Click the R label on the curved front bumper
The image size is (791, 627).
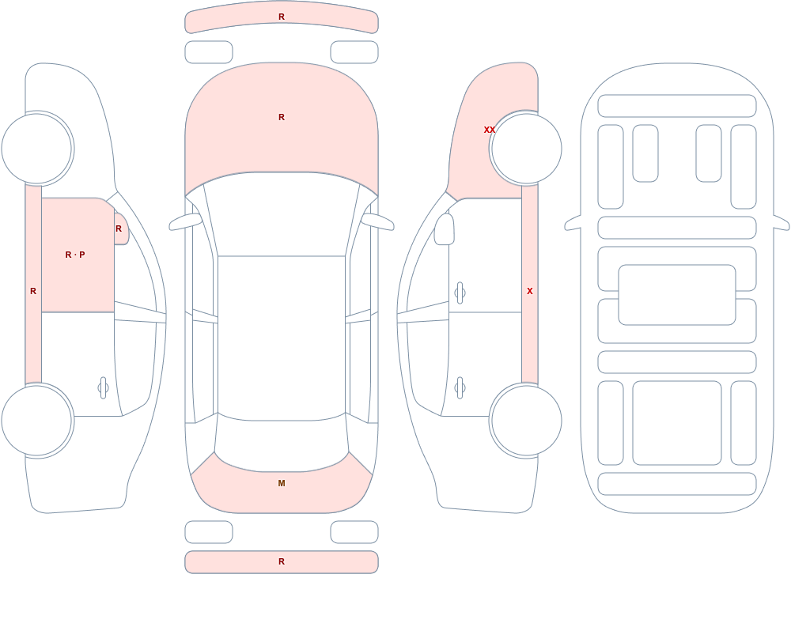[282, 17]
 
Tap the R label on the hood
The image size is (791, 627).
[282, 117]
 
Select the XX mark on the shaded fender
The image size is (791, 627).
[490, 130]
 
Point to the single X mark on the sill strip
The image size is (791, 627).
[530, 291]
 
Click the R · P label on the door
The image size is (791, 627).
[75, 255]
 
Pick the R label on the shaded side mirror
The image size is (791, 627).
[119, 229]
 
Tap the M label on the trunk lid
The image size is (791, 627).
[282, 483]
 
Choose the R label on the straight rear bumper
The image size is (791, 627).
[282, 561]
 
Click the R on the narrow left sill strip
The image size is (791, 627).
[33, 291]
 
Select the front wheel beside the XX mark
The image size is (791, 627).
[526, 149]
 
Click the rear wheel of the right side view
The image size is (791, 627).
[526, 420]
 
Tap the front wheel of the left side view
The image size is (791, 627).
[37, 149]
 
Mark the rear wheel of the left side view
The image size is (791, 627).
[37, 420]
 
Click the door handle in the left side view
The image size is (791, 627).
[103, 388]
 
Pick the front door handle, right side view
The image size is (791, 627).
[460, 293]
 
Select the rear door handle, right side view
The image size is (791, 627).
[460, 388]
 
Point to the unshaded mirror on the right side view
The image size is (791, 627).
[445, 229]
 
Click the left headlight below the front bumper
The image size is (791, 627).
[209, 52]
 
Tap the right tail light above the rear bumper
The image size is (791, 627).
[354, 532]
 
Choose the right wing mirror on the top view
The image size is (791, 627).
[377, 221]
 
